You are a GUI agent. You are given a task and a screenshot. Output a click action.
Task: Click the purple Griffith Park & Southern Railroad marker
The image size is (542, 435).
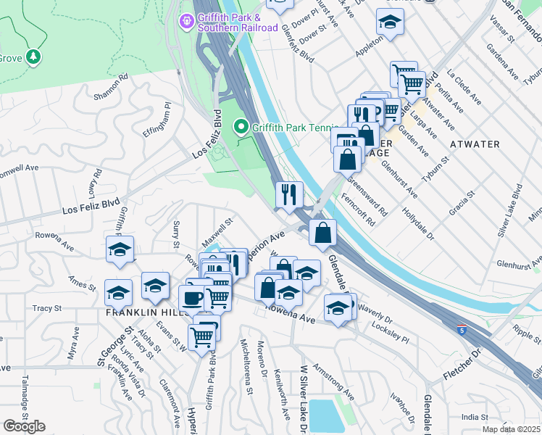186,21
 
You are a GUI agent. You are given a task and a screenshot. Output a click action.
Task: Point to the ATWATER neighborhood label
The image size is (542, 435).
475,144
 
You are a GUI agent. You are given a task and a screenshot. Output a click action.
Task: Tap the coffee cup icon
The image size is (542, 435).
193,298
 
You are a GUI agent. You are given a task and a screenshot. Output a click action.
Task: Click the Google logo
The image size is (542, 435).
24,426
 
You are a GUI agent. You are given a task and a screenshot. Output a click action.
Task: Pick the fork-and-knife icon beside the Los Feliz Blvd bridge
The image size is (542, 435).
288,194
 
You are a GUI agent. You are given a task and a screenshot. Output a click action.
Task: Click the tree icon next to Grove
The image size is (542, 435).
33,56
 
